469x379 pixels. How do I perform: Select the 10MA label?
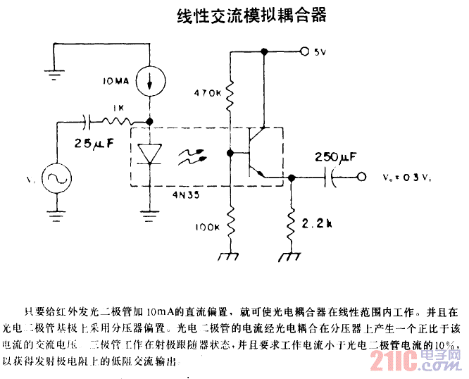click(115, 80)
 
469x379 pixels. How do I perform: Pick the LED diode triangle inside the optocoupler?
click(149, 154)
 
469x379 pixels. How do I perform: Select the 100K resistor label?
click(208, 227)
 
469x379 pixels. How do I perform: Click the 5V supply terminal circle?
click(304, 51)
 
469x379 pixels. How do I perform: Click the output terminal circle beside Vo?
click(362, 178)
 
